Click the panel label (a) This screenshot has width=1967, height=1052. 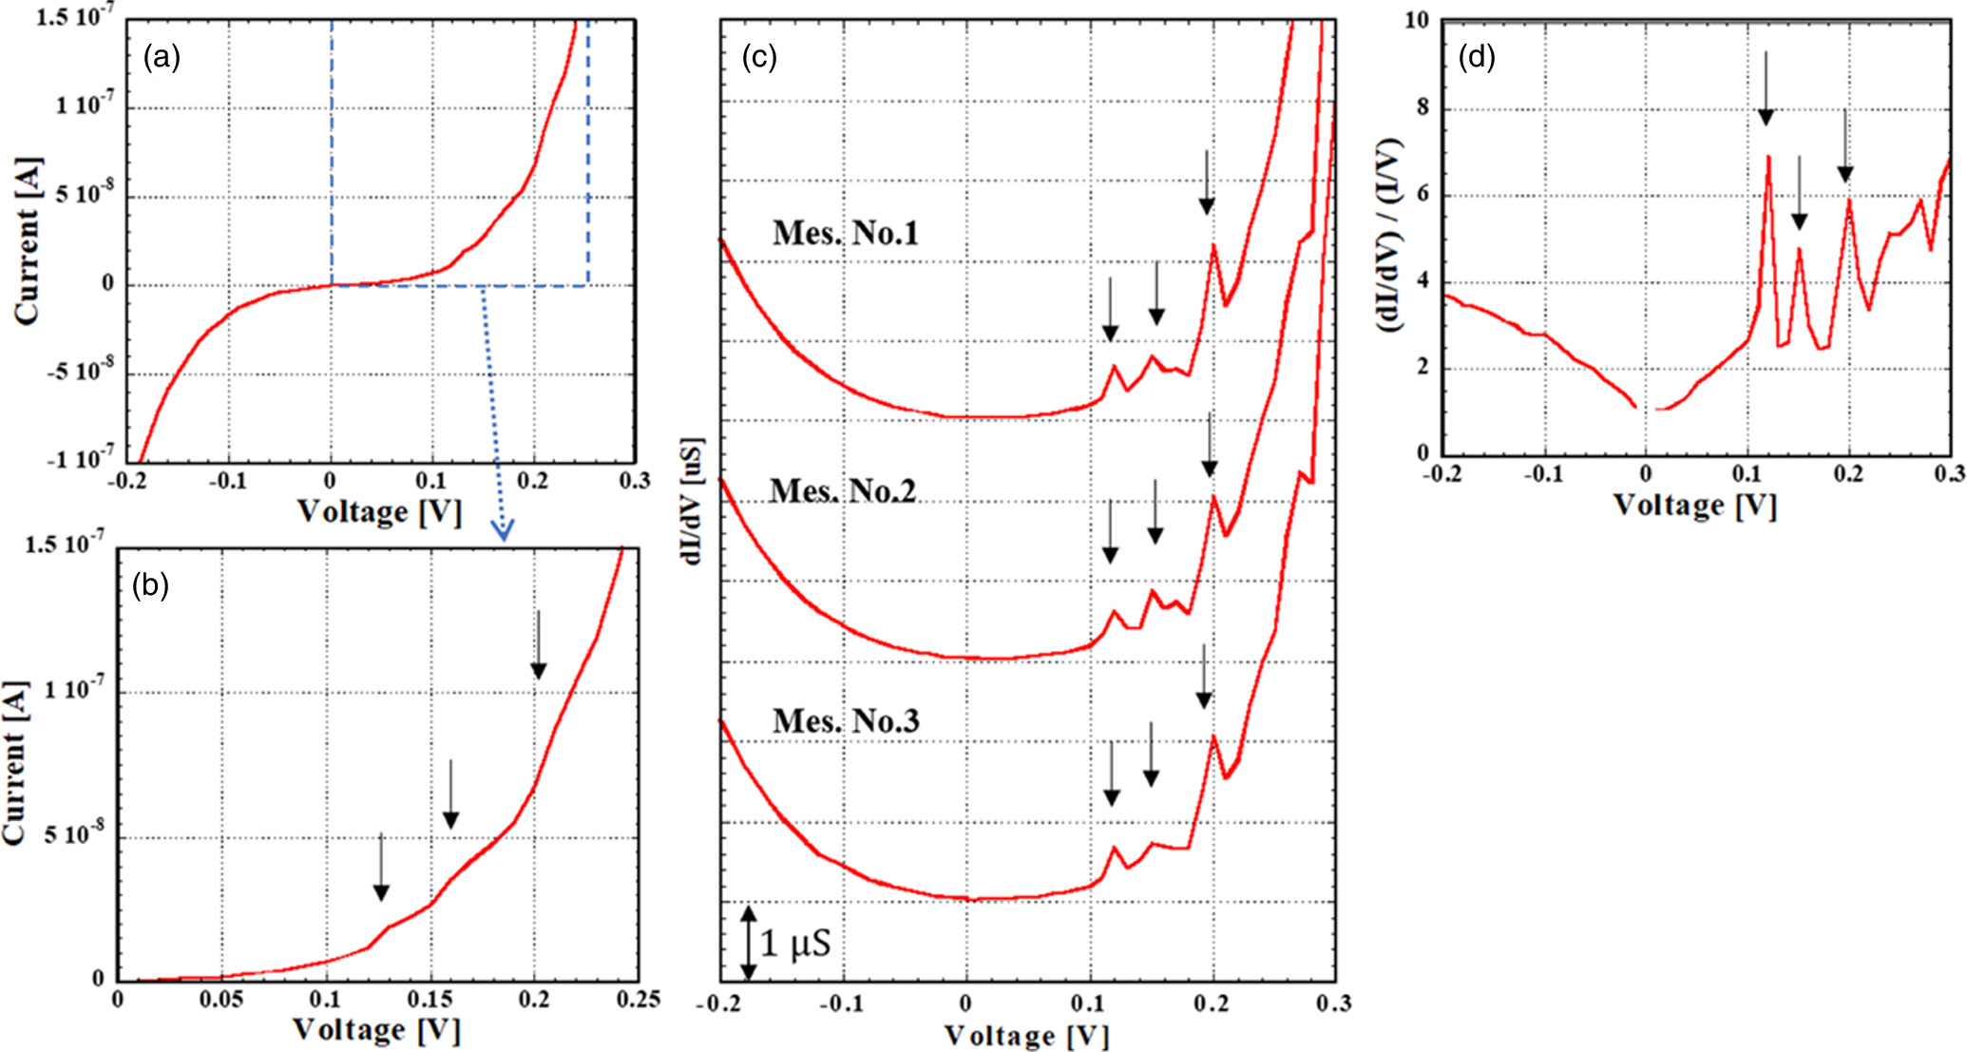point(162,59)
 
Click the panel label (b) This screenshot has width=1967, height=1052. point(150,585)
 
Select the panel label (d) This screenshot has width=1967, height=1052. point(1477,58)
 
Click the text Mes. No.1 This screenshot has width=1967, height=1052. point(845,233)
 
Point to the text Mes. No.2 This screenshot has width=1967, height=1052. point(842,491)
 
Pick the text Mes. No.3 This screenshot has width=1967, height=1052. point(846,721)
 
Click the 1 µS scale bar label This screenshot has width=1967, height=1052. point(795,943)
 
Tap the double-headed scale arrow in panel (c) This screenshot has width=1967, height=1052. point(749,943)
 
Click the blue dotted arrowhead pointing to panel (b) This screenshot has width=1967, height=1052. point(503,530)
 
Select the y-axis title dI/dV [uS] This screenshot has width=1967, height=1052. point(693,501)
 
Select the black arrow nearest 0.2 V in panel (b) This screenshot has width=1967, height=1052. point(538,644)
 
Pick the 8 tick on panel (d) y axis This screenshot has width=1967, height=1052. point(1422,107)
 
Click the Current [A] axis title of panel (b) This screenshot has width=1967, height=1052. point(15,762)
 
